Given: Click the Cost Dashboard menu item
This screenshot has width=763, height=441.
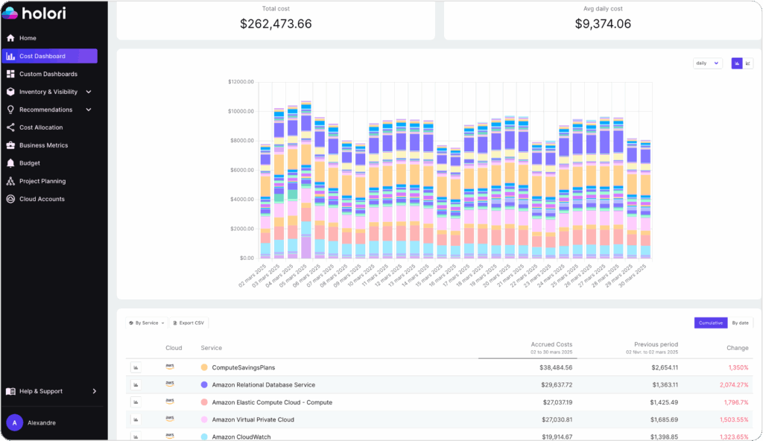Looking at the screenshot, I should [x=42, y=56].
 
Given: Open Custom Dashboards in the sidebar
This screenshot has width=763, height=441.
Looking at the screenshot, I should [x=48, y=74].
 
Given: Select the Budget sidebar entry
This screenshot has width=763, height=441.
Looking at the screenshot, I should [x=30, y=163].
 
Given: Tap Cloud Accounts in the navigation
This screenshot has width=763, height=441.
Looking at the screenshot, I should [x=42, y=199].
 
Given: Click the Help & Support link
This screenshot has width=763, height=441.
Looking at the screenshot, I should [x=40, y=391].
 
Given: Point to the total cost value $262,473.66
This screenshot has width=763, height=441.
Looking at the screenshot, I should [x=276, y=24].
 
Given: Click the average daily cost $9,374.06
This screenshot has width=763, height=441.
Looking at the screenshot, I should [x=603, y=24].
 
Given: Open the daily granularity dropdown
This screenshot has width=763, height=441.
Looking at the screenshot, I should [x=707, y=63].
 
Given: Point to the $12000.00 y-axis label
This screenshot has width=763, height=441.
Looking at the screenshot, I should [x=241, y=82].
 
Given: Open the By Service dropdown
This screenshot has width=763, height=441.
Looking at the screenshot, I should [x=147, y=323].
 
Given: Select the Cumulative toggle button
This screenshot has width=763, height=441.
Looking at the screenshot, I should [x=710, y=323].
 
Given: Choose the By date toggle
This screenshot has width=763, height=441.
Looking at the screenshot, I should [x=740, y=323].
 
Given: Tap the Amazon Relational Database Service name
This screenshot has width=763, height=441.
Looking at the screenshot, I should [x=263, y=385].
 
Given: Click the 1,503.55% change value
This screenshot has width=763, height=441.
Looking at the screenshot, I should [x=733, y=419].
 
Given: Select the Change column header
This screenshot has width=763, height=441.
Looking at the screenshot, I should [x=738, y=348].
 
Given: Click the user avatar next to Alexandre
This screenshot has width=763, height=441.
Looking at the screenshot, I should [x=14, y=422].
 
